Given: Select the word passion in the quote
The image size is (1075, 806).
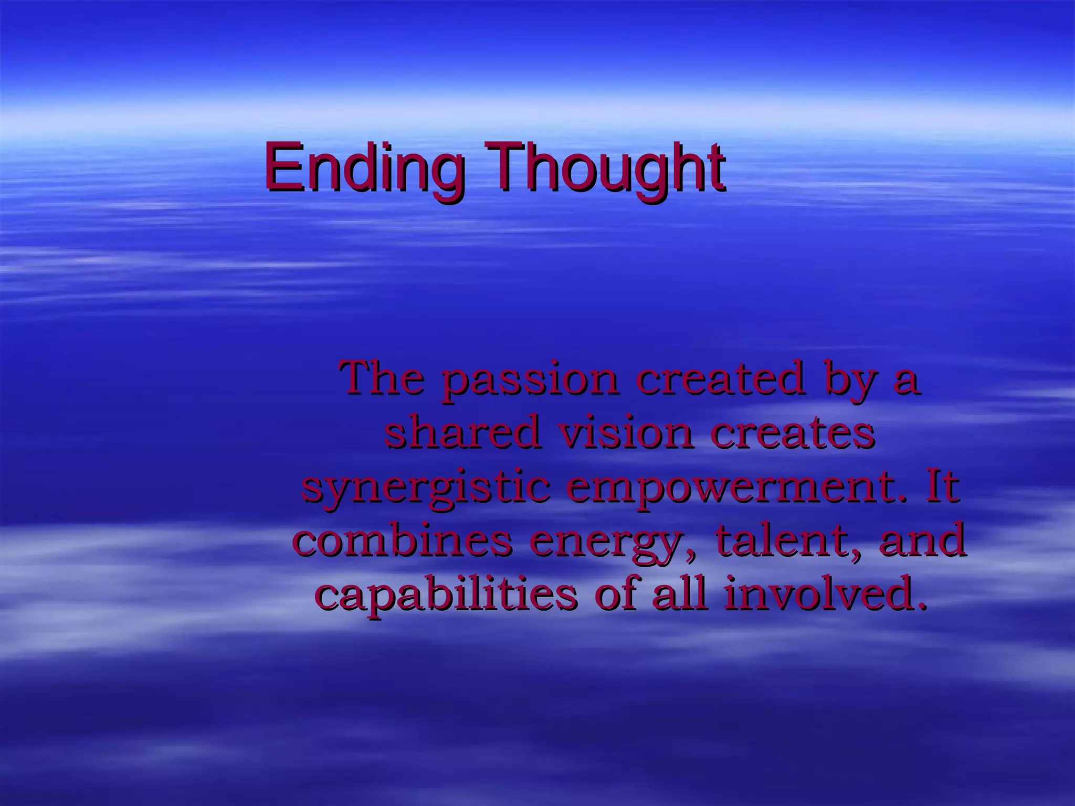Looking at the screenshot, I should (x=530, y=379).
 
